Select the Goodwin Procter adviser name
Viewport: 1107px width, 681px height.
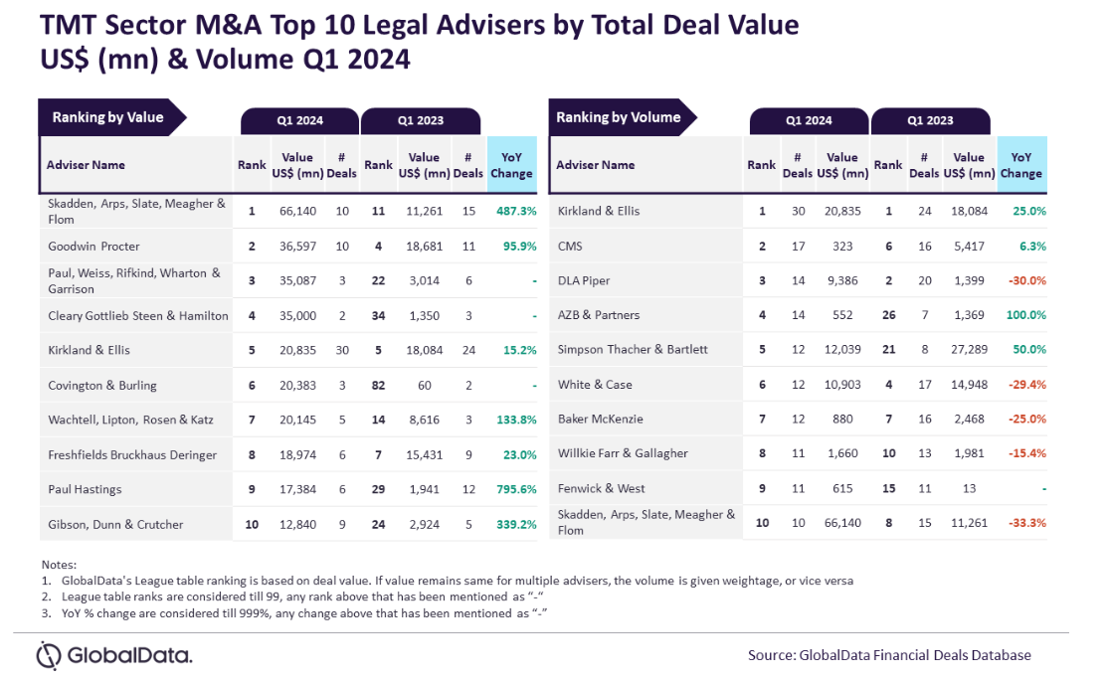93,246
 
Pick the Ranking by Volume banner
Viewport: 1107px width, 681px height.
618,117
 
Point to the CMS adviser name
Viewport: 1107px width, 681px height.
572,246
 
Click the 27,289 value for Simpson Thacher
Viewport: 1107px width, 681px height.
969,350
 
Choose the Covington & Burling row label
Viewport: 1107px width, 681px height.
102,385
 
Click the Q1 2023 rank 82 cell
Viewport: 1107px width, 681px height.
379,385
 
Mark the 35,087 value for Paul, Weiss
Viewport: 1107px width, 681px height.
297,280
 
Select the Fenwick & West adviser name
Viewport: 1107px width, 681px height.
601,489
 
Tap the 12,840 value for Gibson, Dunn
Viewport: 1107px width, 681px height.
297,524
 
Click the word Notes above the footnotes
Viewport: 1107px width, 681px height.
60,565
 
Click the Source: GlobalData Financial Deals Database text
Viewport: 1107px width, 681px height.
889,655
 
